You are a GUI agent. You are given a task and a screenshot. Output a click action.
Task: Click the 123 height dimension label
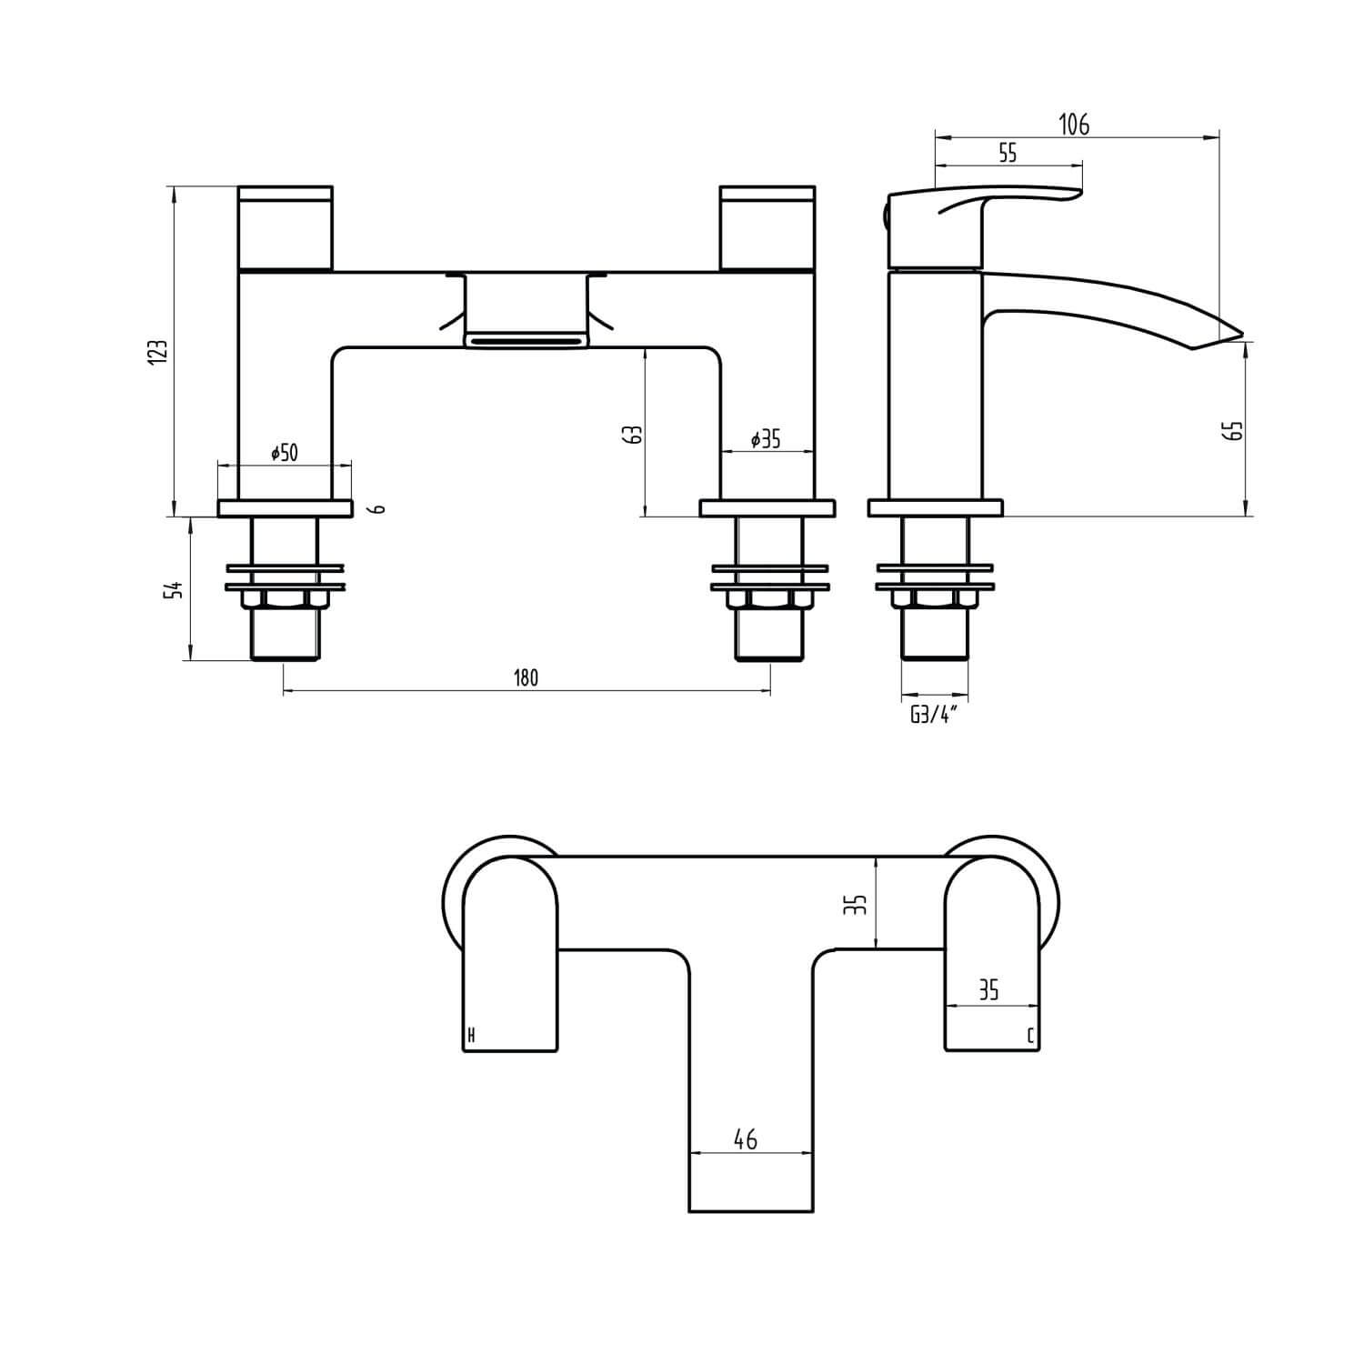point(157,352)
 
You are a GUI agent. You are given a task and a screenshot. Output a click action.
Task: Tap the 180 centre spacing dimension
point(527,678)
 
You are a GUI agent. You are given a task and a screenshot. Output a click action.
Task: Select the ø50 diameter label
point(284,452)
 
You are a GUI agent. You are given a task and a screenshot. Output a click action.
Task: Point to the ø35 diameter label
point(766,439)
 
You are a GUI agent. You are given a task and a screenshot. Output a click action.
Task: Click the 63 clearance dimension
point(636,434)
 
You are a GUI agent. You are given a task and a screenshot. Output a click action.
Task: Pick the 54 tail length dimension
point(177,589)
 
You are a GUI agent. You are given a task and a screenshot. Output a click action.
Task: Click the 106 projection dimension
point(1074,125)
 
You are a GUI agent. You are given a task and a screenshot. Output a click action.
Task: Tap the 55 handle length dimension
point(1007,153)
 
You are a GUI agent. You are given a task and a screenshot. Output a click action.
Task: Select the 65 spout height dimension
point(1236,430)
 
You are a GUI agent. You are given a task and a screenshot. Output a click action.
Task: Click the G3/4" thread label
point(934,715)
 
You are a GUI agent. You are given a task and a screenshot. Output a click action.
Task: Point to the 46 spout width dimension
point(746,1139)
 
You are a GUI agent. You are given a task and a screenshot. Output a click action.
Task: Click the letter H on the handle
point(470,1036)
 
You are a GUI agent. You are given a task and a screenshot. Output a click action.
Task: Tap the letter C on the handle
point(1029,1036)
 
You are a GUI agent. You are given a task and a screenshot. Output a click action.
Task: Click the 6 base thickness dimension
point(380,508)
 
